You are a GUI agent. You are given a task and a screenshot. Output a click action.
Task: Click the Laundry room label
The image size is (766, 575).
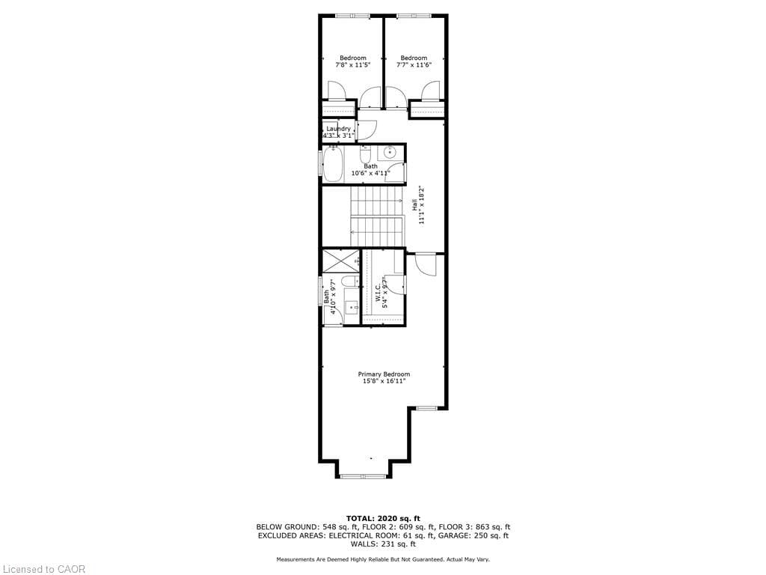(338, 129)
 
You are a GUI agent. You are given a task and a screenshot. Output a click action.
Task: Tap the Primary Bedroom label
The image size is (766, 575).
(384, 374)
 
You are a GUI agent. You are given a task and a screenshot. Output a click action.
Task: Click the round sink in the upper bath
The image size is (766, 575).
(390, 153)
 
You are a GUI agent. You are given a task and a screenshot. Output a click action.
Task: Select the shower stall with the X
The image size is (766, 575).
(340, 261)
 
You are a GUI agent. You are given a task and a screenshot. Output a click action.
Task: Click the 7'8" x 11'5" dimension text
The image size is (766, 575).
(353, 65)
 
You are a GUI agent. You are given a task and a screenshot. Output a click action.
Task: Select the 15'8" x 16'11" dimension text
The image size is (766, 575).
(384, 382)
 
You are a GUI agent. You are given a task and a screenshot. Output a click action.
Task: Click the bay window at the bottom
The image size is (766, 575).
(363, 475)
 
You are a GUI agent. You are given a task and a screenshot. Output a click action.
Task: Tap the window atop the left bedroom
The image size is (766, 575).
(352, 16)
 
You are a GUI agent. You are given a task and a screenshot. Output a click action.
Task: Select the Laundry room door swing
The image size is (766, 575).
(365, 130)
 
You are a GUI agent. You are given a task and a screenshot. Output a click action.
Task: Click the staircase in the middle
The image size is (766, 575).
(378, 216)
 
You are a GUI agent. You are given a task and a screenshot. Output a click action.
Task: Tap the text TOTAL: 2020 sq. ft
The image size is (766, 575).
(383, 518)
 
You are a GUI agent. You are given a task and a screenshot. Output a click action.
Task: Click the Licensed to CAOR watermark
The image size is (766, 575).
(43, 569)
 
